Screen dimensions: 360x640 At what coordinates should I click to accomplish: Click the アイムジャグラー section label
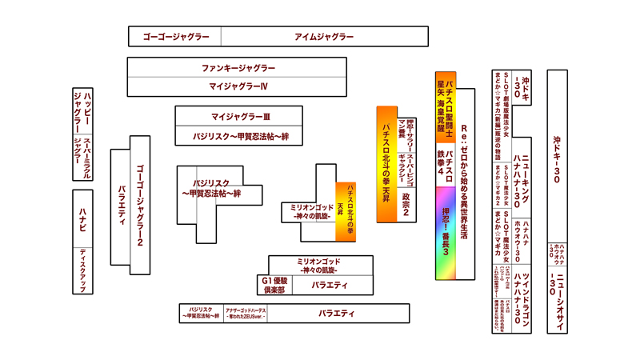[324, 37]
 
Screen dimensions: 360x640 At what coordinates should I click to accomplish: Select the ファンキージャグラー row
[238, 68]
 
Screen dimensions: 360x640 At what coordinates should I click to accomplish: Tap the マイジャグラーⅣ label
[238, 86]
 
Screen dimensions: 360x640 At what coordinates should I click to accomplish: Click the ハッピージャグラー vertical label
[82, 111]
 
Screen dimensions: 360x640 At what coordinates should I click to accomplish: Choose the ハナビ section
[82, 217]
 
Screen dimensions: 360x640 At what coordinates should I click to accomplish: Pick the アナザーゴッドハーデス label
[246, 314]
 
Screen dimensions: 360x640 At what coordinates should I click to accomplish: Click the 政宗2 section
[406, 204]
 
